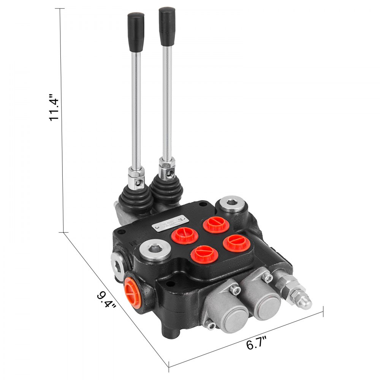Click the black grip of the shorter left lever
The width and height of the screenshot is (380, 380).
click(136, 32)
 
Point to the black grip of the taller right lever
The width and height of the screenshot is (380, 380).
click(167, 27)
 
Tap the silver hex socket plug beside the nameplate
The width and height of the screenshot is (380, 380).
click(155, 251)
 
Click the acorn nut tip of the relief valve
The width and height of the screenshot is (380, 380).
click(305, 302)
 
